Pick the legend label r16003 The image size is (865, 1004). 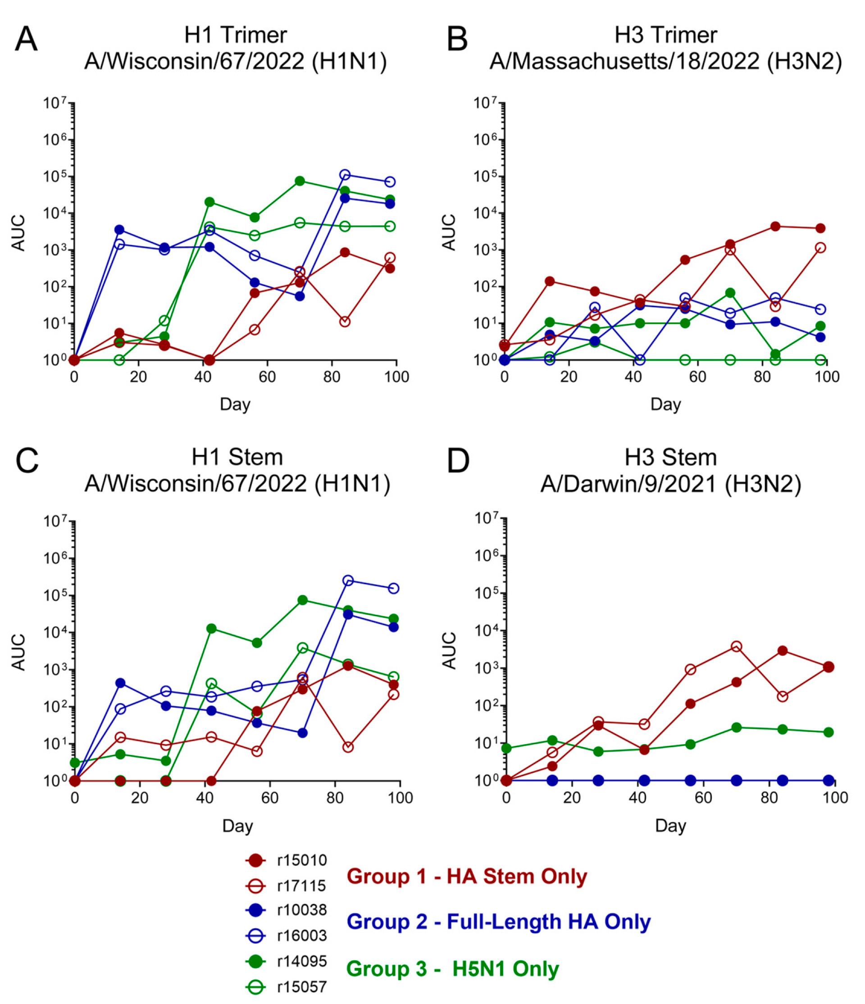pyautogui.click(x=302, y=936)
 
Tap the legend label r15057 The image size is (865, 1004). pyautogui.click(x=302, y=987)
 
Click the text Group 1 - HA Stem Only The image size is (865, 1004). pyautogui.click(x=467, y=876)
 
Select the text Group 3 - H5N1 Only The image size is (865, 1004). pyautogui.click(x=453, y=968)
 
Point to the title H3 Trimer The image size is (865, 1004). pyautogui.click(x=666, y=35)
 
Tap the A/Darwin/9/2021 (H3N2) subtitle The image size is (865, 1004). pyautogui.click(x=671, y=484)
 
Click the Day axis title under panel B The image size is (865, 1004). pyautogui.click(x=665, y=404)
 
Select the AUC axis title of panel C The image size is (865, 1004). pyautogui.click(x=18, y=652)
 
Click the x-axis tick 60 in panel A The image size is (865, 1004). pyautogui.click(x=267, y=377)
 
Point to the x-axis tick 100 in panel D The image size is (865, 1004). pyautogui.click(x=835, y=798)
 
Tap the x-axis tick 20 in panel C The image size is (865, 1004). pyautogui.click(x=140, y=798)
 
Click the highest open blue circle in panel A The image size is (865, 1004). pyautogui.click(x=345, y=174)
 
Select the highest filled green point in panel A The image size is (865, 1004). pyautogui.click(x=300, y=181)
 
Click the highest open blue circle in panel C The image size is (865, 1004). pyautogui.click(x=347, y=581)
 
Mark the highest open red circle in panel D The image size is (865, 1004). pyautogui.click(x=736, y=646)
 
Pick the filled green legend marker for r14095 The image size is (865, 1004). pyautogui.click(x=255, y=961)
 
